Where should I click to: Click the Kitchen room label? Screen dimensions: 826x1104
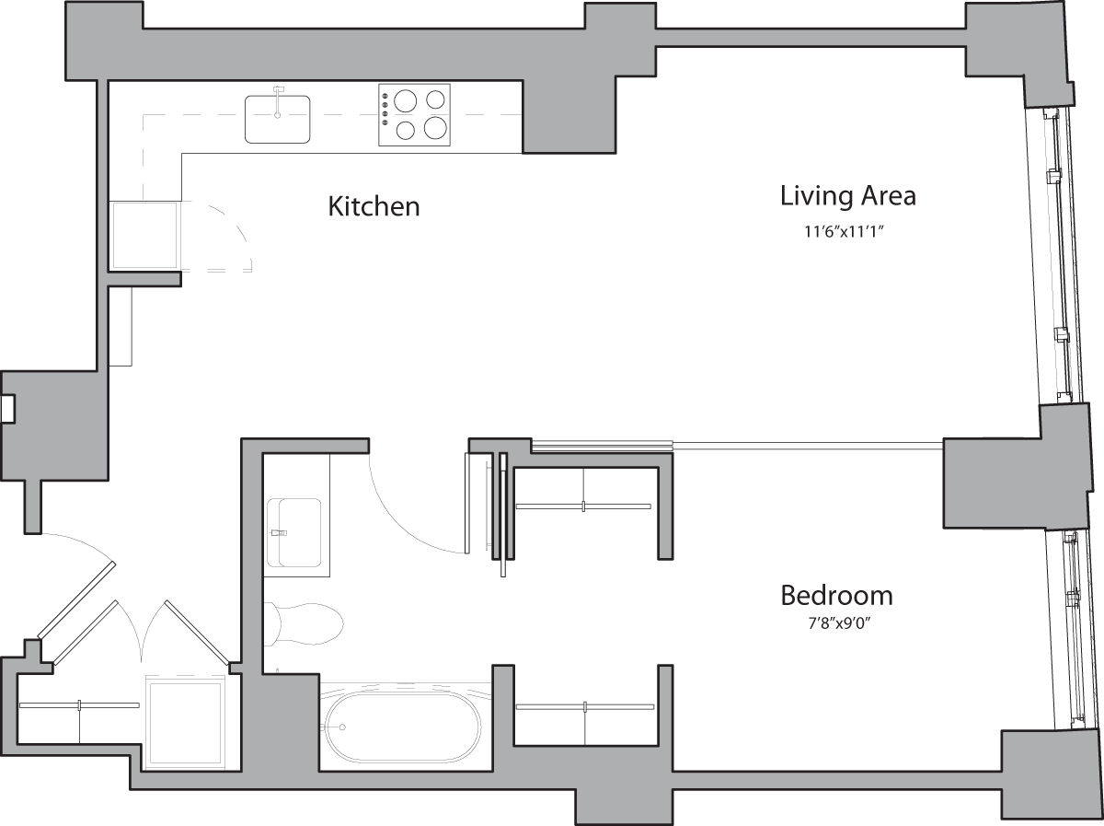click(x=374, y=206)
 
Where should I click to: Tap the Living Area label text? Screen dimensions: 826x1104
click(x=847, y=196)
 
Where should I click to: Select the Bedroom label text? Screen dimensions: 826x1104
click(x=836, y=596)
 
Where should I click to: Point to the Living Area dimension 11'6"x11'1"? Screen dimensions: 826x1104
click(x=847, y=233)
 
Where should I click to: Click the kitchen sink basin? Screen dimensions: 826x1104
click(x=278, y=120)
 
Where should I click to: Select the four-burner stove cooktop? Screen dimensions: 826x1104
click(x=414, y=115)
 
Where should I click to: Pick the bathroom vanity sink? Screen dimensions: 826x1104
click(x=293, y=532)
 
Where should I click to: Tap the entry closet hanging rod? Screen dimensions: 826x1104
click(x=79, y=705)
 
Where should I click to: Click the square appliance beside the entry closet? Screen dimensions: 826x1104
click(x=186, y=724)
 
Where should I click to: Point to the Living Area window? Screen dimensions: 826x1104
click(x=1058, y=258)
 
